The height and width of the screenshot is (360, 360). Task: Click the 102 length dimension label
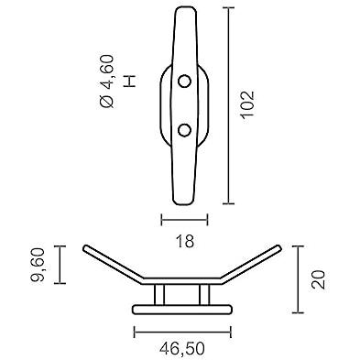pos(247,104)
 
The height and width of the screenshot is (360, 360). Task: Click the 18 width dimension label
pos(185,241)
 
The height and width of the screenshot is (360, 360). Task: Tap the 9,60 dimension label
pos(39,265)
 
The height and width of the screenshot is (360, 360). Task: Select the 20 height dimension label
pos(318,279)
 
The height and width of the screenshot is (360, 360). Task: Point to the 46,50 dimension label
pos(182,348)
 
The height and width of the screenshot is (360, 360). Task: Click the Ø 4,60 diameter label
pos(107,82)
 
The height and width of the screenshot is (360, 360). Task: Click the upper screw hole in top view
pos(184,82)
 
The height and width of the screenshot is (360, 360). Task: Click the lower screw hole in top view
pos(184,130)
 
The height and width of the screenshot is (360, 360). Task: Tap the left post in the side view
pos(159,295)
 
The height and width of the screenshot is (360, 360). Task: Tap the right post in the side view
pos(204,295)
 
